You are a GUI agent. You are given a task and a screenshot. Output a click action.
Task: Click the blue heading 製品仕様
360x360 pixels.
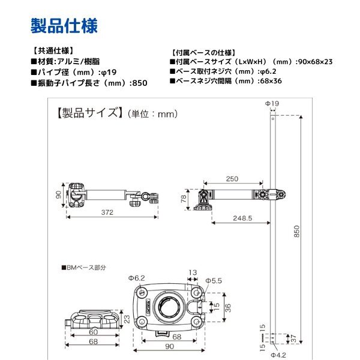64,26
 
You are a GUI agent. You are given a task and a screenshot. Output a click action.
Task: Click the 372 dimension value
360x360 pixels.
107,212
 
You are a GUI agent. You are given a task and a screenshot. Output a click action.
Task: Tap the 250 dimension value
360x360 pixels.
232,179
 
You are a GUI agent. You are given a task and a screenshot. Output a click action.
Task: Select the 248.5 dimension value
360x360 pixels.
242,218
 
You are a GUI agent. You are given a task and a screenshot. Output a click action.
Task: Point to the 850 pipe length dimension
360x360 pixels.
296,231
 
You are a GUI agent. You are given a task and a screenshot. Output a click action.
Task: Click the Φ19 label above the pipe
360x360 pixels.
272,103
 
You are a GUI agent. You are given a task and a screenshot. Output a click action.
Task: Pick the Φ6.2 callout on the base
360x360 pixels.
137,278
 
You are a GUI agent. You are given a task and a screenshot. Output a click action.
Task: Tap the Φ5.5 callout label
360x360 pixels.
214,281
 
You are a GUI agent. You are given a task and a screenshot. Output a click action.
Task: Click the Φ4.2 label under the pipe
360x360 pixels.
278,355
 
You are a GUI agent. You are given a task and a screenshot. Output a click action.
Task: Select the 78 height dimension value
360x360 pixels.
184,199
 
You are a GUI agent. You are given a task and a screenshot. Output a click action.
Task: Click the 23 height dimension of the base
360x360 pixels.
127,319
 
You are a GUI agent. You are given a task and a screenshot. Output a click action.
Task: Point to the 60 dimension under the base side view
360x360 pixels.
94,332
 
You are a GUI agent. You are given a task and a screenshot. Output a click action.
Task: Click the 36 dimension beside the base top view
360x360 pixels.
228,308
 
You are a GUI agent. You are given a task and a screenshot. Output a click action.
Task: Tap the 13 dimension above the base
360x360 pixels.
193,272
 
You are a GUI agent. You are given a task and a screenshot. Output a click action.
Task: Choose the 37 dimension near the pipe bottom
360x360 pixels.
293,338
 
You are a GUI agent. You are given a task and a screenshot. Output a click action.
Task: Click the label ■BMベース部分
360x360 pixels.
84,268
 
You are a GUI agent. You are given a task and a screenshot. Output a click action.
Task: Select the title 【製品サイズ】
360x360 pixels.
89,113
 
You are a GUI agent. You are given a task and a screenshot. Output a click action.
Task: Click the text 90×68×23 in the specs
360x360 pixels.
315,62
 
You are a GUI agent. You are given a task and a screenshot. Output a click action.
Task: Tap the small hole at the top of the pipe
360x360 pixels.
273,119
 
